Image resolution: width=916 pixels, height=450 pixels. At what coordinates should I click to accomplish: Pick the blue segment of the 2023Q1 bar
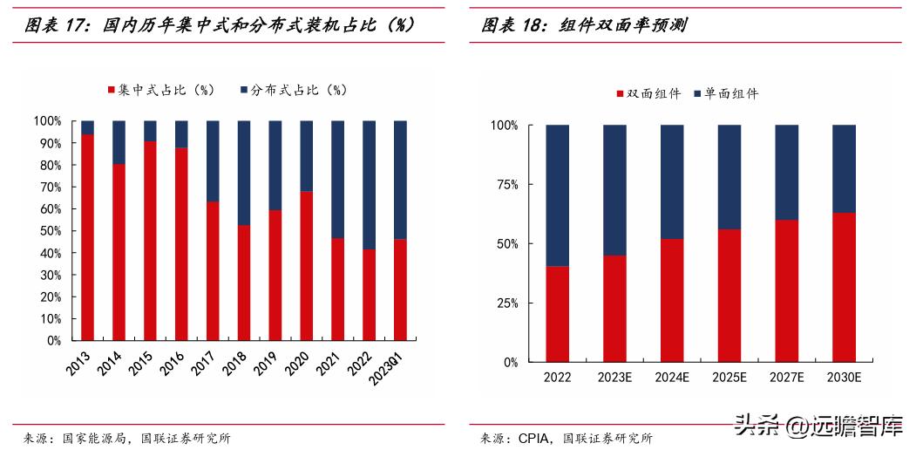(400, 180)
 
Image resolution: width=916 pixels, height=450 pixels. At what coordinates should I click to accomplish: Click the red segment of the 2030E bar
(845, 287)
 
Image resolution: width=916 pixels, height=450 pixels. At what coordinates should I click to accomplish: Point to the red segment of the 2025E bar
(729, 296)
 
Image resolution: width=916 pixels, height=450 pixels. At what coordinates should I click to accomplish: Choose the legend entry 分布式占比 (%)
(293, 90)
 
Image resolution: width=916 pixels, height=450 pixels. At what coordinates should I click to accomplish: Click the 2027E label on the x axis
(786, 378)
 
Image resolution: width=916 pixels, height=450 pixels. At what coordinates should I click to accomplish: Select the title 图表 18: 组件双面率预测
(584, 25)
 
